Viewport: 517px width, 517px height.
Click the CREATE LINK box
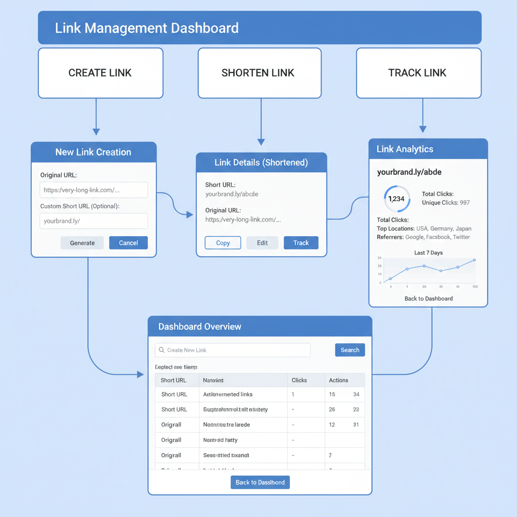pyautogui.click(x=100, y=73)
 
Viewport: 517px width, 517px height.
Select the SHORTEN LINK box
pyautogui.click(x=260, y=73)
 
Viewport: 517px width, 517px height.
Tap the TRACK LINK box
pyautogui.click(x=418, y=73)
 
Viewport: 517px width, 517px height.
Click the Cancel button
pyautogui.click(x=128, y=243)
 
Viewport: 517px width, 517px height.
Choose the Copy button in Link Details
pyautogui.click(x=223, y=243)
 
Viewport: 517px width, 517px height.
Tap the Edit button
pyautogui.click(x=262, y=243)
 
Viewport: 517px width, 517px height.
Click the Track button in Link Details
pyautogui.click(x=301, y=243)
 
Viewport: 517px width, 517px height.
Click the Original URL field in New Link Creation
pyautogui.click(x=93, y=190)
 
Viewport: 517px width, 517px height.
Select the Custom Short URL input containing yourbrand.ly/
pyautogui.click(x=93, y=221)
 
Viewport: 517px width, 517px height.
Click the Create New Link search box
pyautogui.click(x=233, y=350)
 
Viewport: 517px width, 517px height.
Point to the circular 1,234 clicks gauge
pyautogui.click(x=396, y=198)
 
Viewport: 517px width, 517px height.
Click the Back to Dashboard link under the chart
pyautogui.click(x=429, y=298)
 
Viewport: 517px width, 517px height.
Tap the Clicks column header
pyautogui.click(x=299, y=380)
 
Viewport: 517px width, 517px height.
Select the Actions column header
pyautogui.click(x=338, y=380)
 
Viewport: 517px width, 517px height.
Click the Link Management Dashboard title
pyautogui.click(x=146, y=28)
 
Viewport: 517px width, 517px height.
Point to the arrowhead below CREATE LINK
pyautogui.click(x=96, y=132)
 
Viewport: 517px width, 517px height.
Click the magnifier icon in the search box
pyautogui.click(x=162, y=350)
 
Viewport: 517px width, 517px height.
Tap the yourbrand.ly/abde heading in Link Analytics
pyautogui.click(x=409, y=172)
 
